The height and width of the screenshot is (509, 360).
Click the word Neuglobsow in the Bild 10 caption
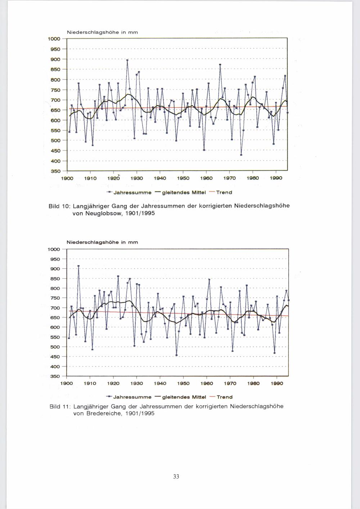coord(92,213)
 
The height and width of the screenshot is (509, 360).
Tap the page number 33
coord(176,477)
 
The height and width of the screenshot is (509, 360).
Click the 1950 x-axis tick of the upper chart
coord(183,178)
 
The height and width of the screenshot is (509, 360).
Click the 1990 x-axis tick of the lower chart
coord(277,383)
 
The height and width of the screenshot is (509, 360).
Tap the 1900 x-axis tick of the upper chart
coord(67,178)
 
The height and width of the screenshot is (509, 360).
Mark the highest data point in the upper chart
coord(127,60)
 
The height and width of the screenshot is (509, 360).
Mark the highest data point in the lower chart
coord(78,266)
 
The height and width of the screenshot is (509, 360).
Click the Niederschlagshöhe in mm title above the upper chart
coord(102,32)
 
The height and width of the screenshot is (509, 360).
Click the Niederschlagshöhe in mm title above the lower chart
coord(102,242)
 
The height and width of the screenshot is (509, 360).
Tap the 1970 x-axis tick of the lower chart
coord(230,383)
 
